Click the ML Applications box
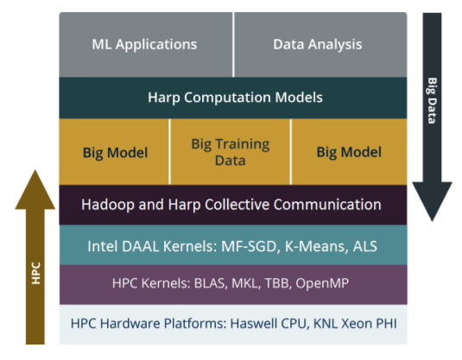point(146,45)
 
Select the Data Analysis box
point(320,45)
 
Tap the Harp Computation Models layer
point(233,98)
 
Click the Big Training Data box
point(230,152)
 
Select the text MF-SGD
point(249,246)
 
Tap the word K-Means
point(314,246)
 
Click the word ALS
point(365,246)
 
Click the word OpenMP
point(322,283)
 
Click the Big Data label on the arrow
point(432,100)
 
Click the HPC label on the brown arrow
point(35,273)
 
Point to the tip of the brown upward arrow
point(35,170)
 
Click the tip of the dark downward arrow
point(432,222)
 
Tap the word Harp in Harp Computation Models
point(164,98)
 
